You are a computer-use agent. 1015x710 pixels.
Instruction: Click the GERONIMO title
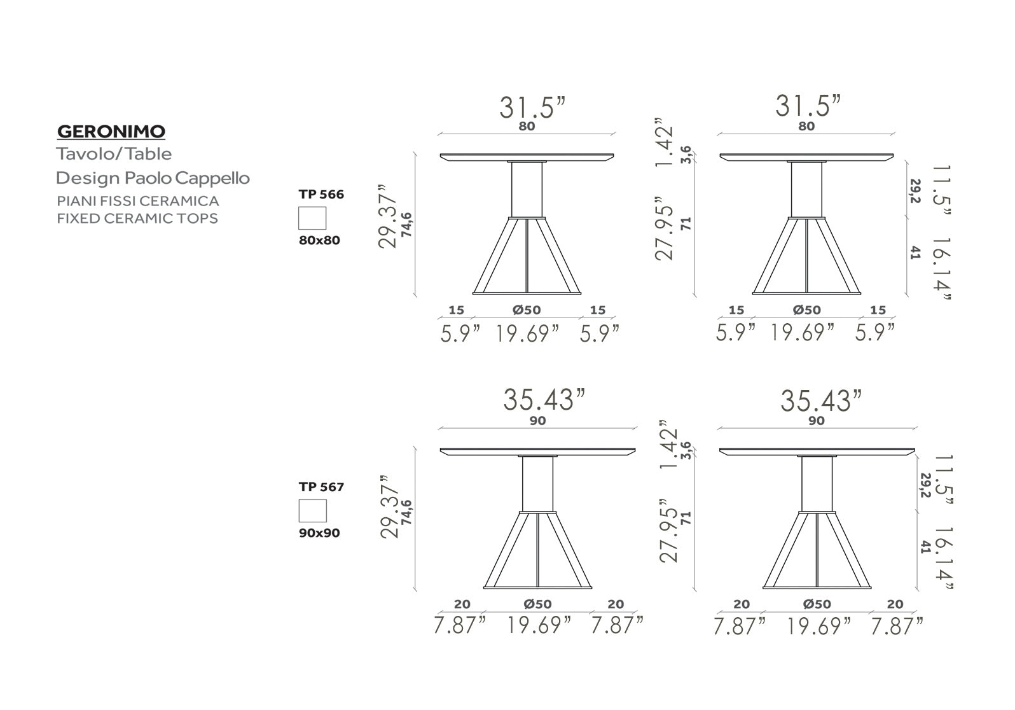(111, 132)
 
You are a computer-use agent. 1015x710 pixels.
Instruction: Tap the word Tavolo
(85, 154)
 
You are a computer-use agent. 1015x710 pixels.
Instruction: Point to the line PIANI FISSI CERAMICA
(138, 201)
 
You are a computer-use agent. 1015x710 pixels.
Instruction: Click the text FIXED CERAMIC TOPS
(137, 218)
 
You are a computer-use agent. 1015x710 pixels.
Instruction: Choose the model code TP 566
(321, 194)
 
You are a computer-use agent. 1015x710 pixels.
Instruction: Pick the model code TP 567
(321, 487)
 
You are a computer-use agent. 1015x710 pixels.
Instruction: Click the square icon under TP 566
(312, 218)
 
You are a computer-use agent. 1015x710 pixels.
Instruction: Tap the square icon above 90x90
(313, 511)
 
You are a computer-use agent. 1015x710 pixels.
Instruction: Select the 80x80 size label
(319, 240)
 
